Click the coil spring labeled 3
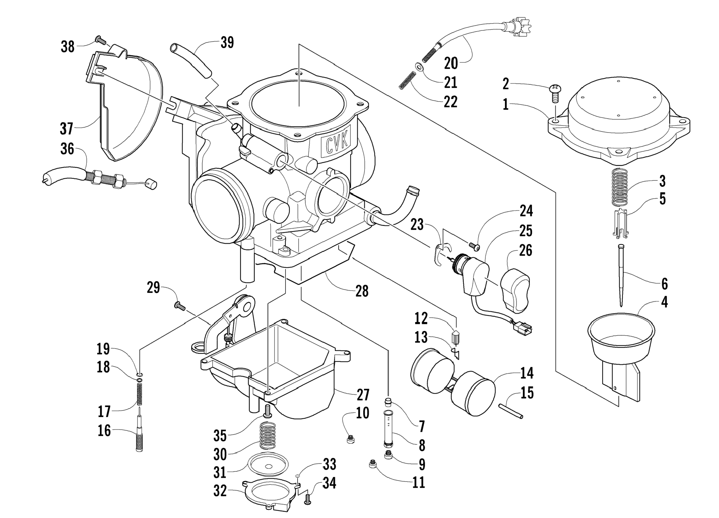(620, 187)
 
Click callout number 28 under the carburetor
(362, 291)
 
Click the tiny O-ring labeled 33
(297, 476)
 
